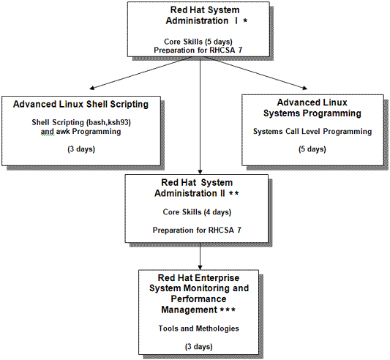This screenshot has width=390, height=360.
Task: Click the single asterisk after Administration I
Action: click(x=245, y=21)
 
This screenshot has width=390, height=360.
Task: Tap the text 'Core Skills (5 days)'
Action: click(x=198, y=41)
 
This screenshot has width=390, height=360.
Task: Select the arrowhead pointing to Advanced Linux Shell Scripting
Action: click(x=91, y=88)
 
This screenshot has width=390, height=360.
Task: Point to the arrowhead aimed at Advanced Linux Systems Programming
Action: click(x=304, y=88)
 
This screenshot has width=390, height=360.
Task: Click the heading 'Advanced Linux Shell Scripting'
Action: click(x=80, y=104)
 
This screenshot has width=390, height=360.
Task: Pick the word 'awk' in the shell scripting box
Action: click(x=63, y=132)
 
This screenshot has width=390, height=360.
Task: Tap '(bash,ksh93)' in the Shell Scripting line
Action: click(x=108, y=122)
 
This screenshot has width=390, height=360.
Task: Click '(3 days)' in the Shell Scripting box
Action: click(x=81, y=149)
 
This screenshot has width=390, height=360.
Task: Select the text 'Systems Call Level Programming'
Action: click(x=312, y=132)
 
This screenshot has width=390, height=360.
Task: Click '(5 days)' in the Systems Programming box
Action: click(x=312, y=149)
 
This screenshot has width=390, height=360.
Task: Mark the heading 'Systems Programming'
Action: click(x=312, y=113)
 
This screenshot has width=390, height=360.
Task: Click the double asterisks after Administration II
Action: click(x=234, y=193)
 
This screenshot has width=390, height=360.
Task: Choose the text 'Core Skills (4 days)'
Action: click(x=197, y=212)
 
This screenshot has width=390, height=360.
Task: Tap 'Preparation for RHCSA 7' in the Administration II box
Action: click(x=197, y=230)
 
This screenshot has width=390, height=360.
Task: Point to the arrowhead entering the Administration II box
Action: click(x=200, y=172)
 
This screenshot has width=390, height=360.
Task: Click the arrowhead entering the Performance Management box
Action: click(x=200, y=268)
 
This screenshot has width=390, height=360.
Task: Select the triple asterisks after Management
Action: click(x=228, y=310)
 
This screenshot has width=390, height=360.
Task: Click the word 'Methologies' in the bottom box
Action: click(x=217, y=329)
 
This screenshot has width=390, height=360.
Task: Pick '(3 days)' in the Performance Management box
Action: click(x=199, y=347)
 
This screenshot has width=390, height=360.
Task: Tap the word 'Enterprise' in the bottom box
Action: click(x=217, y=277)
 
